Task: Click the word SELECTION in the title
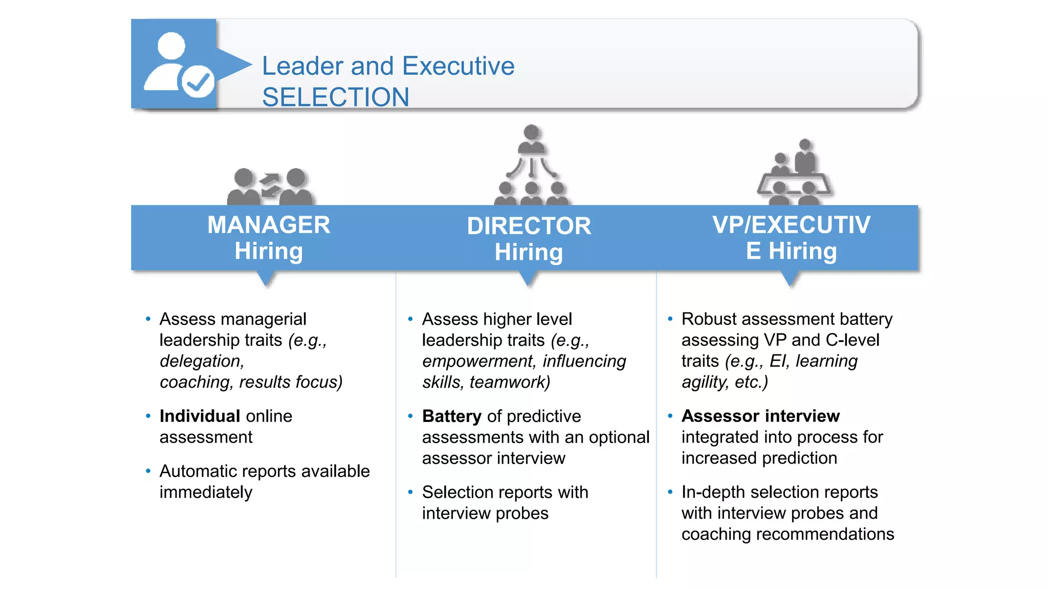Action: point(335,97)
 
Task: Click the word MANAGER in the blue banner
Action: point(269,225)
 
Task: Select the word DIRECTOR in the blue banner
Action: point(529,226)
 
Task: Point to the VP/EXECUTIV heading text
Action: point(791,225)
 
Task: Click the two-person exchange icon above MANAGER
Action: point(270,187)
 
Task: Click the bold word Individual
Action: point(200,416)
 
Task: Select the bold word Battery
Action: point(451,416)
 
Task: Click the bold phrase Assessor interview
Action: point(760,416)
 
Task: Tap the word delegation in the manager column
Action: point(201,361)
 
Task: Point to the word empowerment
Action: point(478,361)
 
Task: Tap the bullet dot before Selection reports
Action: point(410,492)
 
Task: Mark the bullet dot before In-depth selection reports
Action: point(670,492)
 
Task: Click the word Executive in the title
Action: point(458,66)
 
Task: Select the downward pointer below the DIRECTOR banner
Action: point(528,279)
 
